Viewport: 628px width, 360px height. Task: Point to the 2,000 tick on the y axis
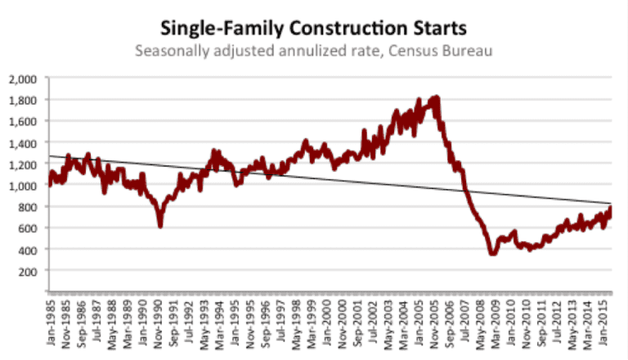(x=26, y=79)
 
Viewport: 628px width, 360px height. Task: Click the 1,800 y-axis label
(x=26, y=101)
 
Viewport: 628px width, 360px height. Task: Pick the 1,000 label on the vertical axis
(x=26, y=186)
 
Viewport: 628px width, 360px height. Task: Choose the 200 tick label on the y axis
(x=32, y=271)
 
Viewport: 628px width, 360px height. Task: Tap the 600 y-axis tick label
(x=32, y=228)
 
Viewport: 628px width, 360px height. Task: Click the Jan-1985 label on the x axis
(x=52, y=323)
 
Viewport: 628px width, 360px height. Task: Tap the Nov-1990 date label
(x=160, y=323)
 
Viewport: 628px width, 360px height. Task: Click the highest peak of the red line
(x=436, y=97)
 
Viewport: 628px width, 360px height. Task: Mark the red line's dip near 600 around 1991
(x=160, y=225)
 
